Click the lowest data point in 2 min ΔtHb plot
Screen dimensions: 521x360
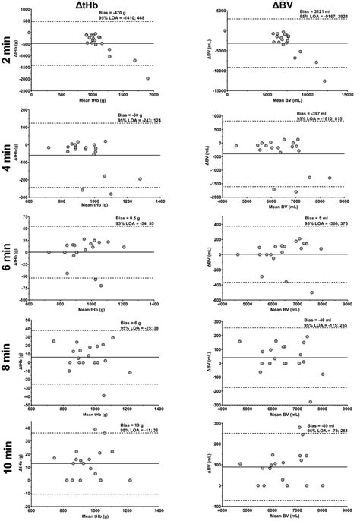coord(148,78)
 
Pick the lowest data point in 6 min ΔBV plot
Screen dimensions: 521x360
coord(311,292)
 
